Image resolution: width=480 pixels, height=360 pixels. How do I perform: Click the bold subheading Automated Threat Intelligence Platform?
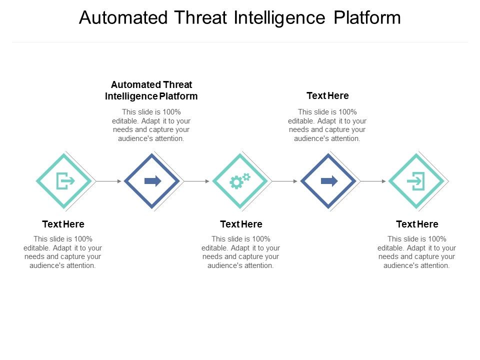click(151, 90)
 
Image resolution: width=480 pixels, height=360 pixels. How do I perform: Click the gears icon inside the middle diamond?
click(239, 180)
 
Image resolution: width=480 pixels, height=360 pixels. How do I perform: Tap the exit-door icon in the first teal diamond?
click(64, 180)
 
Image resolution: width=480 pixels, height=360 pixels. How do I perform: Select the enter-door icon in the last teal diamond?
click(416, 180)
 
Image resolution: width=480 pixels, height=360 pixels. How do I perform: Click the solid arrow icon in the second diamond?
click(152, 180)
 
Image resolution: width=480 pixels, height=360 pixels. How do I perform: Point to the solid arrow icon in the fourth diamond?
click(329, 180)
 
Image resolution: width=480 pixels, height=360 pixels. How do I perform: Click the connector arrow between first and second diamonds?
click(108, 181)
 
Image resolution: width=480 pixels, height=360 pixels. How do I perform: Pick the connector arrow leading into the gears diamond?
click(197, 181)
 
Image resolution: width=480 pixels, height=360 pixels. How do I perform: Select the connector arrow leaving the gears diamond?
click(284, 181)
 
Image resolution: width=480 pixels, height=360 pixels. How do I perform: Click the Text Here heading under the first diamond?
click(63, 224)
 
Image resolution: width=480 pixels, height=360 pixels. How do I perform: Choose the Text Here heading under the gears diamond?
click(241, 224)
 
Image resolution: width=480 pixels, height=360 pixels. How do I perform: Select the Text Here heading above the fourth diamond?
click(327, 95)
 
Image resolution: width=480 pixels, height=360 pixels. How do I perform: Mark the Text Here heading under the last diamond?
click(417, 224)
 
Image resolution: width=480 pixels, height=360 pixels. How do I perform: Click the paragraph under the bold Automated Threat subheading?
click(151, 125)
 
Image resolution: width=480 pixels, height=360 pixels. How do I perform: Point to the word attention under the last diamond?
click(433, 265)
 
